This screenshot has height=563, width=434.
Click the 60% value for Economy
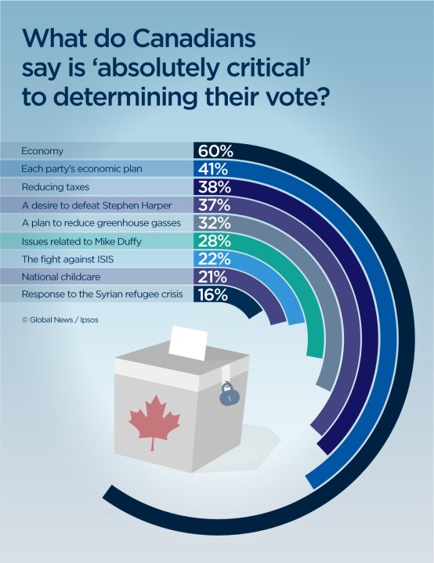pyautogui.click(x=212, y=151)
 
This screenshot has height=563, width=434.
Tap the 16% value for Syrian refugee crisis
pyautogui.click(x=212, y=295)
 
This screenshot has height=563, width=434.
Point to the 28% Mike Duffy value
pyautogui.click(x=212, y=241)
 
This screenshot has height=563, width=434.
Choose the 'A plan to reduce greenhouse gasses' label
pyautogui.click(x=96, y=223)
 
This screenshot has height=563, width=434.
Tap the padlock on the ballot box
pyautogui.click(x=227, y=392)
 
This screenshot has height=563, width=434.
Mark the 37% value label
pyautogui.click(x=212, y=205)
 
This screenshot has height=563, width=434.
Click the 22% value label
pyautogui.click(x=212, y=259)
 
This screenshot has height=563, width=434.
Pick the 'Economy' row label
pyautogui.click(x=42, y=151)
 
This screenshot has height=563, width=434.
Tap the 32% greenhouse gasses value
pyautogui.click(x=212, y=223)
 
